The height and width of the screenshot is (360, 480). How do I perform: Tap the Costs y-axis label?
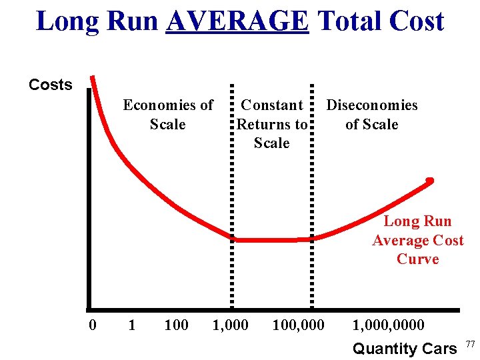tap(51, 85)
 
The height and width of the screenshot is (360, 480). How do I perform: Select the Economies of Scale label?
tap(168, 115)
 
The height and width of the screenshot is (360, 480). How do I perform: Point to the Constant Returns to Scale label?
tap(272, 124)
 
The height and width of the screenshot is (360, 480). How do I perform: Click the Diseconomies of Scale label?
tap(371, 115)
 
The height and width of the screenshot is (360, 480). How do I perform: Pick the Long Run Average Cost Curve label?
tap(417, 240)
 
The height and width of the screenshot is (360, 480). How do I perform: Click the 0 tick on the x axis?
tap(93, 325)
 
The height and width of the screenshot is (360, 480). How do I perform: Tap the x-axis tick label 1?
tap(131, 325)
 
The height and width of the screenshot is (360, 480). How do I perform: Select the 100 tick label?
tap(176, 325)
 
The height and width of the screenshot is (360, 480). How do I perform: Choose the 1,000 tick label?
tap(230, 325)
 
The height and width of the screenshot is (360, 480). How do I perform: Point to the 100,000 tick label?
tap(298, 325)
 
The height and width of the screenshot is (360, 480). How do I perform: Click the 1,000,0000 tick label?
tap(388, 325)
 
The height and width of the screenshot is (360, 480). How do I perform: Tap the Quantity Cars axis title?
tap(404, 348)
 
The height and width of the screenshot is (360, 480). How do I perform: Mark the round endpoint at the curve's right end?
tap(430, 180)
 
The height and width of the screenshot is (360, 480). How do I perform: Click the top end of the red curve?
tap(93, 77)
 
